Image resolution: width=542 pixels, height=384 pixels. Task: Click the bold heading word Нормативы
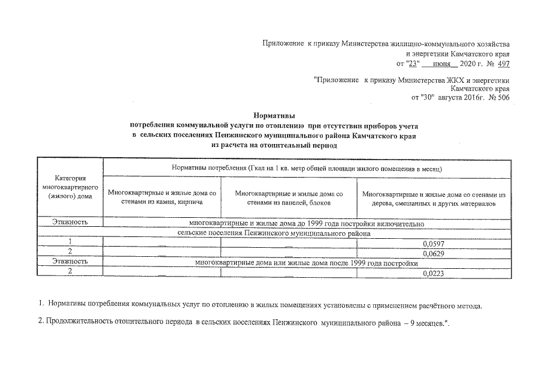coord(274,116)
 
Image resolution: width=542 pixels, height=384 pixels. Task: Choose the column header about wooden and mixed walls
coord(434,199)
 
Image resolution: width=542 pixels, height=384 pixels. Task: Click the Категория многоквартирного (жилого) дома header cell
coord(71,187)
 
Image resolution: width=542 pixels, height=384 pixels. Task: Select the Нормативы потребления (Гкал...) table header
coord(307,169)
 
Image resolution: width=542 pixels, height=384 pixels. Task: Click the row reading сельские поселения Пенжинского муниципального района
coord(275,232)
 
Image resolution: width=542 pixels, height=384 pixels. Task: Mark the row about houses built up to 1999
coord(307,223)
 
